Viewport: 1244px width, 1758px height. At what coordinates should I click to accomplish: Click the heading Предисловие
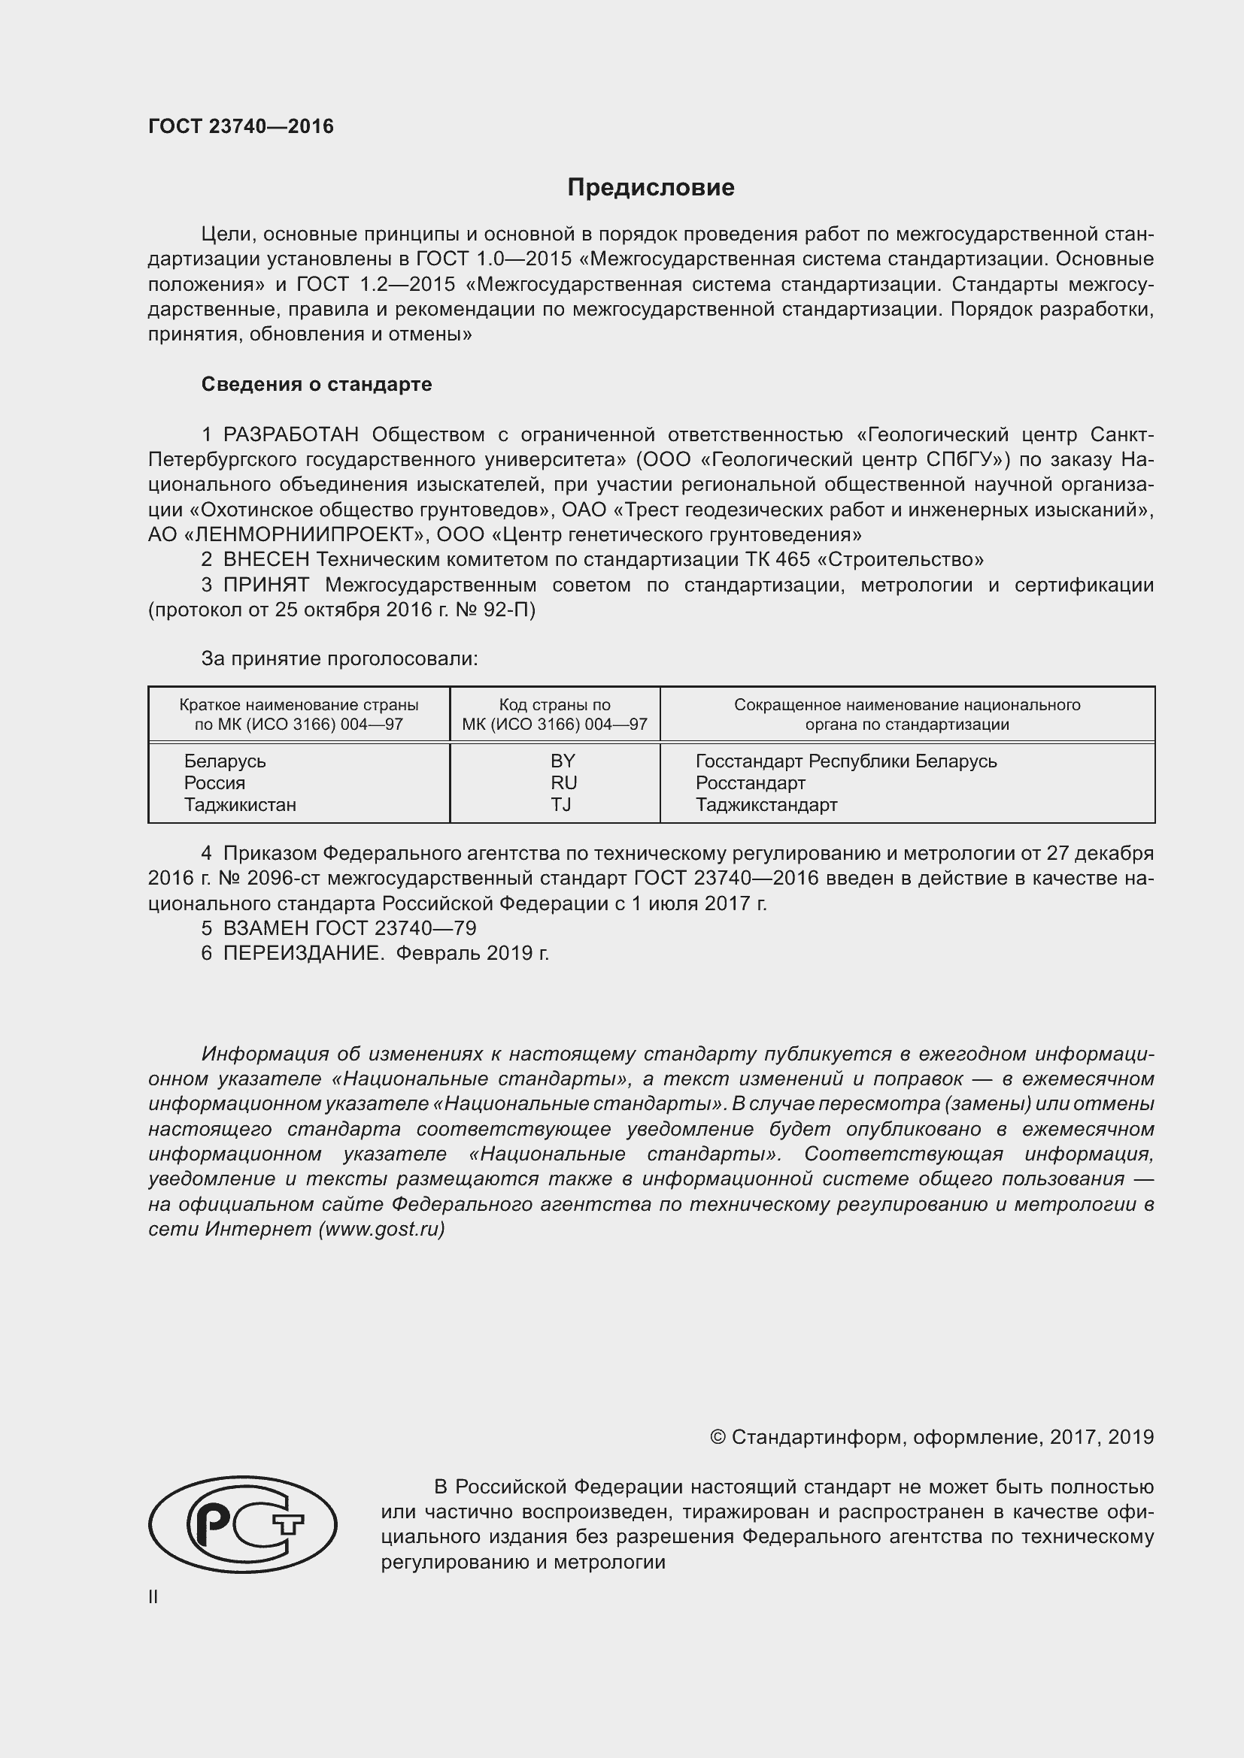coord(651,187)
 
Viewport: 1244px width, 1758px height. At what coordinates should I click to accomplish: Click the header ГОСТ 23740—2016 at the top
coord(241,126)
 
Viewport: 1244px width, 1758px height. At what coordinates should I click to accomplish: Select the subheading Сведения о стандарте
coord(317,384)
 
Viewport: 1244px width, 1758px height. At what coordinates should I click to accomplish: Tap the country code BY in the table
coord(563,761)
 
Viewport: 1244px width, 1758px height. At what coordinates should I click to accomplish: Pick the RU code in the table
coord(563,782)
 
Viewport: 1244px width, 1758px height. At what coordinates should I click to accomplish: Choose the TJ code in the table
coord(561,805)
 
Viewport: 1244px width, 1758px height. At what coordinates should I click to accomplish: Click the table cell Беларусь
coord(224,761)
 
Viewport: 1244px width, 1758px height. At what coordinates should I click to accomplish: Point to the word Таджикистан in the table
coord(240,805)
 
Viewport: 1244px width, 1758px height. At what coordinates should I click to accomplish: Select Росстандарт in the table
coord(750,782)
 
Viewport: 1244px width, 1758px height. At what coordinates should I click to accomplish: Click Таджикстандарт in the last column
coord(766,805)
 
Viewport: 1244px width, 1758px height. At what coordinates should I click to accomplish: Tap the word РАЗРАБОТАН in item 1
coord(290,435)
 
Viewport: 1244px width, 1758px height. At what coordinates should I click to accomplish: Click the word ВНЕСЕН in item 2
coord(265,560)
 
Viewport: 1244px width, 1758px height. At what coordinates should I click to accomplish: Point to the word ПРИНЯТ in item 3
coord(265,585)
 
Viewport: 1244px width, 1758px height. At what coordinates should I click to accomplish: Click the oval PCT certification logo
coord(242,1523)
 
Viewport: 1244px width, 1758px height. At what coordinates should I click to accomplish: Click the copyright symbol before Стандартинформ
coord(717,1437)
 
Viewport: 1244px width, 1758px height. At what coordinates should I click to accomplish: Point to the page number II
coord(153,1597)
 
